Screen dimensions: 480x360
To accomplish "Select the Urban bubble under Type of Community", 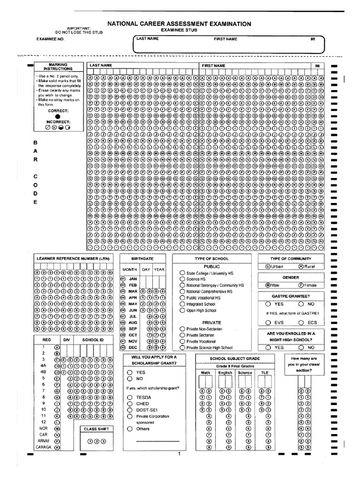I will click(268, 266).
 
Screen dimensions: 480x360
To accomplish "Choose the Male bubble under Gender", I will click(268, 285).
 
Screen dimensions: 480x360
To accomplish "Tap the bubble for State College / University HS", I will click(182, 273).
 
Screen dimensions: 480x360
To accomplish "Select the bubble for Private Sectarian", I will click(182, 336).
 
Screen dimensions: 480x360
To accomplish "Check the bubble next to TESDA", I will click(129, 397).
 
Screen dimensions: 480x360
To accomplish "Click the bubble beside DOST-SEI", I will click(129, 409).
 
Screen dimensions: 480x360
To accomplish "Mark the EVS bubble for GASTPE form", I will click(268, 322).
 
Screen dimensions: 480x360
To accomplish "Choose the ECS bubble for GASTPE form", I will click(301, 322).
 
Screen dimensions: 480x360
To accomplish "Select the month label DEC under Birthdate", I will click(133, 348).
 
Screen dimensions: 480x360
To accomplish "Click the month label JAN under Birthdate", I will click(133, 278).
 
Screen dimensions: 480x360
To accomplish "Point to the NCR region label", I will click(44, 428).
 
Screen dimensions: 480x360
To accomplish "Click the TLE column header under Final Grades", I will click(265, 373).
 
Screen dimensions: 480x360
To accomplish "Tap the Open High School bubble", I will click(182, 310).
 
